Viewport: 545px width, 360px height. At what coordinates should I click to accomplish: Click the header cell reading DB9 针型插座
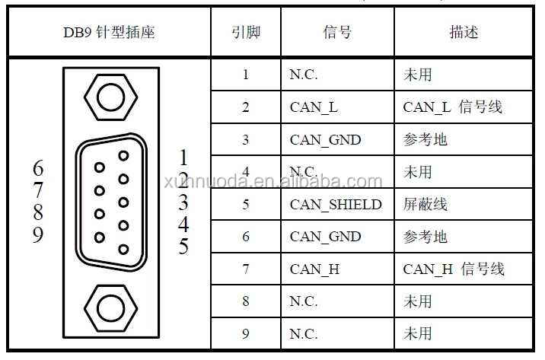coord(109,33)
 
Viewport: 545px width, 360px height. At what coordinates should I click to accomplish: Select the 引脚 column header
coord(245,33)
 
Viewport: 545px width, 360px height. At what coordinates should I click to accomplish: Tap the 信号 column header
coord(336,33)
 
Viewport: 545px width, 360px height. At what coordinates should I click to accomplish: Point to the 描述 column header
coord(464,33)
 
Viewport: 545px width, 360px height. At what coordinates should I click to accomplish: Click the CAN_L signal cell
coord(314,107)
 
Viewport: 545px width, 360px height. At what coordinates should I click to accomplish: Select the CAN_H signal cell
coord(314,269)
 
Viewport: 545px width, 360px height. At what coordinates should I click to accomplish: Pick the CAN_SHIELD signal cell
coord(335,205)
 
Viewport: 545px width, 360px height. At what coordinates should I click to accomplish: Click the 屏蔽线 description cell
coord(425,205)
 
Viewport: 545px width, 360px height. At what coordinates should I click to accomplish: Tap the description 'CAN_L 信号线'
coord(453,107)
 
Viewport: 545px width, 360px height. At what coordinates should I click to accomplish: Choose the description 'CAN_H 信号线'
coord(454,269)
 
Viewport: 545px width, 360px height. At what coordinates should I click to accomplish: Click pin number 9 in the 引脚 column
coord(245,333)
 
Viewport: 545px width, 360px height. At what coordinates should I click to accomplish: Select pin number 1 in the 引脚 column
coord(245,75)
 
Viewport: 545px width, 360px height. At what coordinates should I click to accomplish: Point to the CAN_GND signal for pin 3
coord(325,140)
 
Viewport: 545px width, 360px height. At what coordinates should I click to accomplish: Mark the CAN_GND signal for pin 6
coord(325,237)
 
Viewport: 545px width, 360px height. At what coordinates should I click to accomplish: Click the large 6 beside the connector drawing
coord(38,167)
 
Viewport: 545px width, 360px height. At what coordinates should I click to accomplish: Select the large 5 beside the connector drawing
coord(183,247)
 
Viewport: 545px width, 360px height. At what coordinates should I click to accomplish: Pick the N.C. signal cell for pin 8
coord(304,301)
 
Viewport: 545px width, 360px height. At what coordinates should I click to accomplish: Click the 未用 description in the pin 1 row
coord(417,75)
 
